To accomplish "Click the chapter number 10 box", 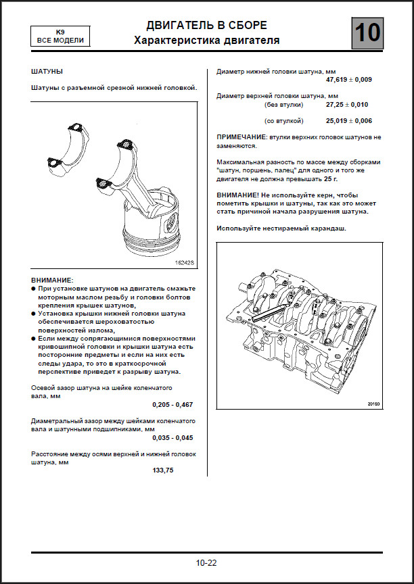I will click(367, 32).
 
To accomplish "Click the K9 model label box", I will click(60, 36).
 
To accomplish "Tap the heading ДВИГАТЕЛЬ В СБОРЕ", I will click(206, 26).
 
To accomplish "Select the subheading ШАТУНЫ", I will click(47, 71).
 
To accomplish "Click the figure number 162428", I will click(184, 262).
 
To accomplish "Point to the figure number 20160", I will click(373, 404).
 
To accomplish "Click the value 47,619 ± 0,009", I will click(348, 80).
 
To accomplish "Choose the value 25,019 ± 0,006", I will click(348, 121).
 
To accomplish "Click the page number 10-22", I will click(206, 562).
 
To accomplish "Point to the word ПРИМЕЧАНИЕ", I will click(241, 137).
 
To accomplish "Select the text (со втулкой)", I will click(284, 121).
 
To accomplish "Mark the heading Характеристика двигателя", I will click(206, 41).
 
